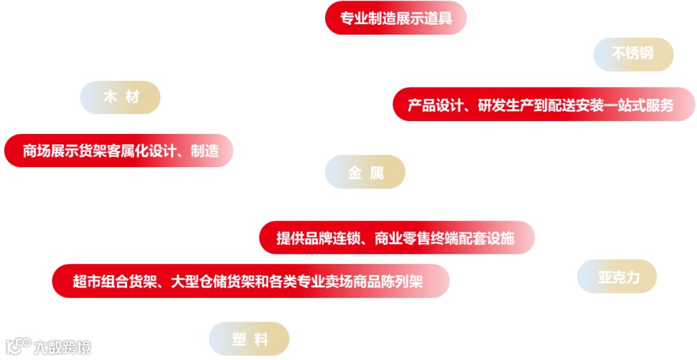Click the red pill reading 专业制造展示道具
click(x=396, y=18)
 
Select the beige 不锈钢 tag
click(x=633, y=54)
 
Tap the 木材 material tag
click(x=120, y=97)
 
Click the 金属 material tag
click(x=365, y=172)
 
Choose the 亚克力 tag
click(x=617, y=277)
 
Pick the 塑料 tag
click(x=249, y=339)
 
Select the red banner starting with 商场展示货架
click(x=119, y=151)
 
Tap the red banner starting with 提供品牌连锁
click(x=397, y=238)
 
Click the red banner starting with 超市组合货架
click(x=250, y=281)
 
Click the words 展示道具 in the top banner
click(x=425, y=18)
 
